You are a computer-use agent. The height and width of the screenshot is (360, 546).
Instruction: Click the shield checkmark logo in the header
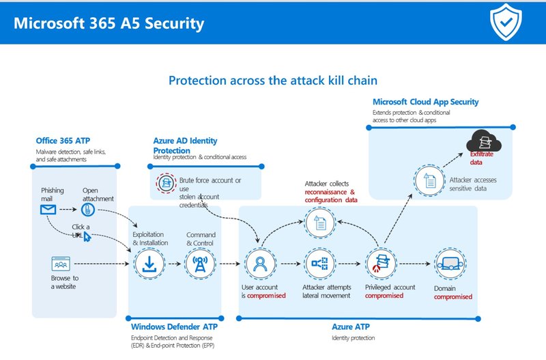coord(506,23)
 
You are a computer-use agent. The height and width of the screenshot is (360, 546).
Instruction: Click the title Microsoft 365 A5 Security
coord(109,24)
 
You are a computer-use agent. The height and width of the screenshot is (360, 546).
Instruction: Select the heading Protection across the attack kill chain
coord(272,81)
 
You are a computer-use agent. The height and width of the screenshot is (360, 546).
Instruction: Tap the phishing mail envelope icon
coord(48,210)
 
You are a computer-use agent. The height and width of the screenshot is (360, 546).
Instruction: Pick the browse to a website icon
coord(61,264)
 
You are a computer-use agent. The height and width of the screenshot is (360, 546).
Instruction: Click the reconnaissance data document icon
coord(319,221)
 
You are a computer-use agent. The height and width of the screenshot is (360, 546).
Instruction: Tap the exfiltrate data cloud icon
coord(483,143)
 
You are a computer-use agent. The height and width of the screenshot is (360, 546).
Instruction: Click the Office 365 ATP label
coord(62,141)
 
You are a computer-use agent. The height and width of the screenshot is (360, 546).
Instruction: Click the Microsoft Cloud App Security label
coord(425,102)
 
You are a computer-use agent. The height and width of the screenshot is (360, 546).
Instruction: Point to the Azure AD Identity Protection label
coord(185,145)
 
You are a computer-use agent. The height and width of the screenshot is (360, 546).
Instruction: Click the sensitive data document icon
coord(427,181)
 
